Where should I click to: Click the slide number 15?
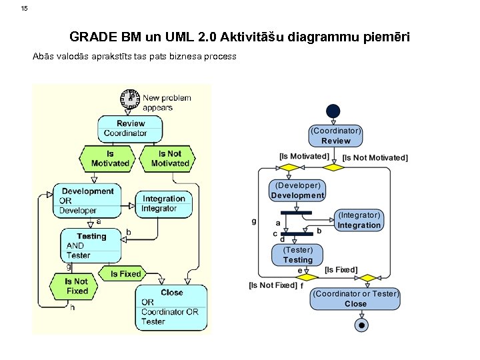(25, 9)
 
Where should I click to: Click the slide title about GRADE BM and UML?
(239, 37)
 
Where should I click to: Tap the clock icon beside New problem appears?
(130, 99)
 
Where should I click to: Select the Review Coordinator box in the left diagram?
(130, 129)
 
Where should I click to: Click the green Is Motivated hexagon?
(110, 159)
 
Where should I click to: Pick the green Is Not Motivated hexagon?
(170, 159)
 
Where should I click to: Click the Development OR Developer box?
(83, 201)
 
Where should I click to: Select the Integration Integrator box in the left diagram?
(164, 204)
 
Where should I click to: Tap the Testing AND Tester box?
(91, 246)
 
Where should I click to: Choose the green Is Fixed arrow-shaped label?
(125, 274)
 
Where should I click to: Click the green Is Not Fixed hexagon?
(77, 287)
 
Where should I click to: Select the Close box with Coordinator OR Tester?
(171, 307)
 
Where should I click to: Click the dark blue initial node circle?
(333, 111)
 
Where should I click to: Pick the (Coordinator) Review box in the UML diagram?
(335, 136)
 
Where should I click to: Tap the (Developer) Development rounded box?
(297, 191)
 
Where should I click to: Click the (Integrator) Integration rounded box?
(359, 221)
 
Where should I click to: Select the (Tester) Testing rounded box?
(297, 255)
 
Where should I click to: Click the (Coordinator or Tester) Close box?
(355, 299)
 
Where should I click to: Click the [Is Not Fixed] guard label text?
(273, 285)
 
